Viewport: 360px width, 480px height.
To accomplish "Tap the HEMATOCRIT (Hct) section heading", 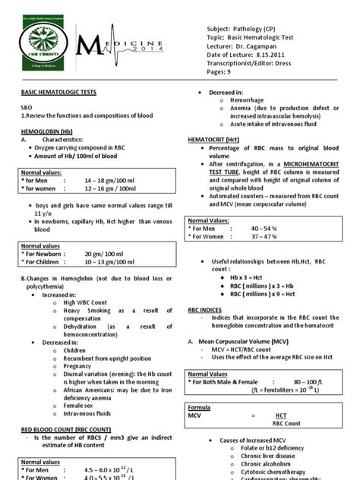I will pyautogui.click(x=218, y=141).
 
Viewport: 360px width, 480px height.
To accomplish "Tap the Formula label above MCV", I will pyautogui.click(x=200, y=407).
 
